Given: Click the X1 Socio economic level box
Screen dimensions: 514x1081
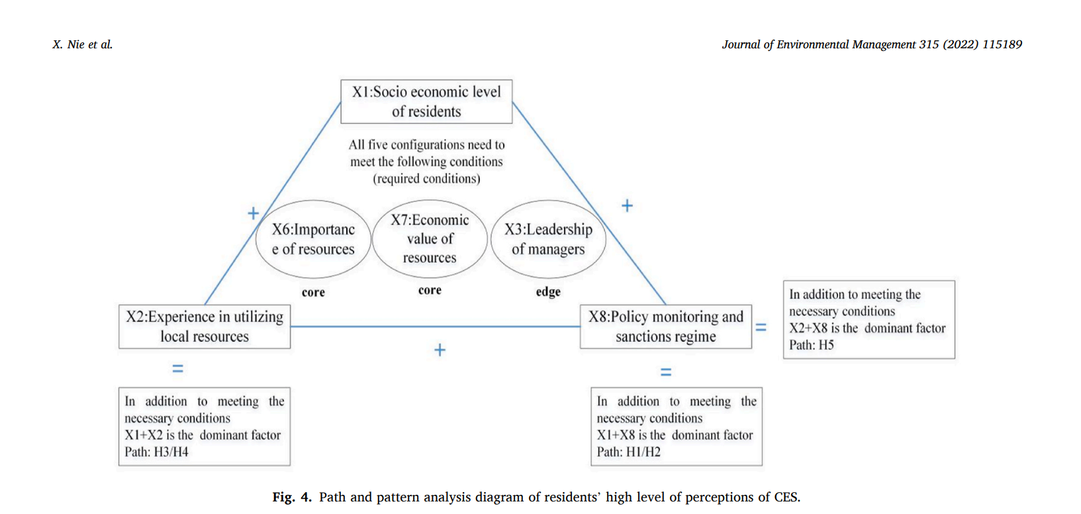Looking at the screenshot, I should pos(426,101).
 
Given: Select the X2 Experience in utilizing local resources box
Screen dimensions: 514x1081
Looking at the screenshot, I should pos(205,326).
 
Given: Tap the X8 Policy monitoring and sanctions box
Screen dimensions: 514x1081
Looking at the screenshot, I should pos(665,326).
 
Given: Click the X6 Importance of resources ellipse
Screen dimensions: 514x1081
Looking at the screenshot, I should pos(313,239).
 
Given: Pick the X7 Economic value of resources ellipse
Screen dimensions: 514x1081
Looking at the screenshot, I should pos(430,238).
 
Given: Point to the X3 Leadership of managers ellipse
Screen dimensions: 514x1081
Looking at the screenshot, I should pos(548,239).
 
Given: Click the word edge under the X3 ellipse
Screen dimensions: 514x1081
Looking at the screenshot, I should pos(548,292).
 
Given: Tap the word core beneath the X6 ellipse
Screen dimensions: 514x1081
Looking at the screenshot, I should pos(313,292).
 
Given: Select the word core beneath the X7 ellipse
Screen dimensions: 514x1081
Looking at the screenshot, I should pos(430,290).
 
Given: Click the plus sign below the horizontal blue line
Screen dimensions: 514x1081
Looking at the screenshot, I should pos(440,350).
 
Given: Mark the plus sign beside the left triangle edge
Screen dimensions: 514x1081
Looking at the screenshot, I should pos(253,213).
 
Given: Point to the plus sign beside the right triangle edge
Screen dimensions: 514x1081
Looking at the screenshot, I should pos(627,206).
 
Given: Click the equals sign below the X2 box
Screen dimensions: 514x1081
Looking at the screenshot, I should pos(177,368).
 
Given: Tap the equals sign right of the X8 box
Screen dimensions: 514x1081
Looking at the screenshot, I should pos(761,327).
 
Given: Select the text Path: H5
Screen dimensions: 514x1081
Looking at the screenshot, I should pos(811,345).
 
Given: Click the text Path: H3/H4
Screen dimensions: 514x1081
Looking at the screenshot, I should pos(156,452).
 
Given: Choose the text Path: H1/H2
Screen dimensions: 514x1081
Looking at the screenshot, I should pos(628,452).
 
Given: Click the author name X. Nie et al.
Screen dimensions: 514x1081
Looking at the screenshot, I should pos(83,44).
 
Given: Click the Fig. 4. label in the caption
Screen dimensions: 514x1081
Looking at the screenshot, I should pos(291,497).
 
